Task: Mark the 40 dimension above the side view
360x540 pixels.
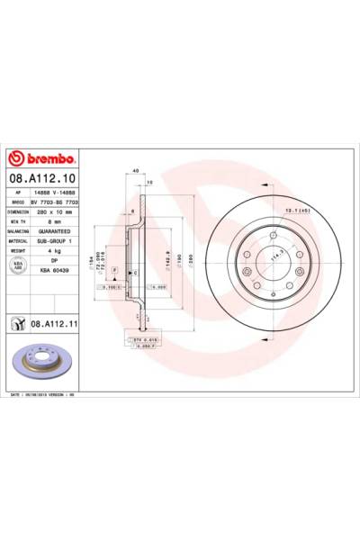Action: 134,171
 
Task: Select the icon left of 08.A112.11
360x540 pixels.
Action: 17,321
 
